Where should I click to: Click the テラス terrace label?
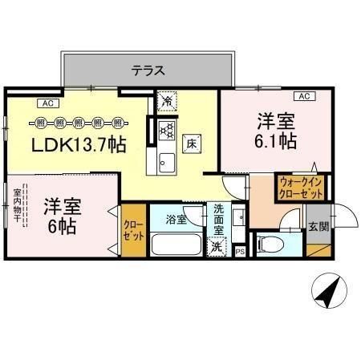[148, 71]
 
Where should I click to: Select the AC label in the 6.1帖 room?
[303, 96]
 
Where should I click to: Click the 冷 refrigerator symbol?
[167, 102]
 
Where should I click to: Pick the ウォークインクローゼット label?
[301, 188]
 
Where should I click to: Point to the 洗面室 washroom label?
[219, 219]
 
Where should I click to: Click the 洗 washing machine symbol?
[216, 248]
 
